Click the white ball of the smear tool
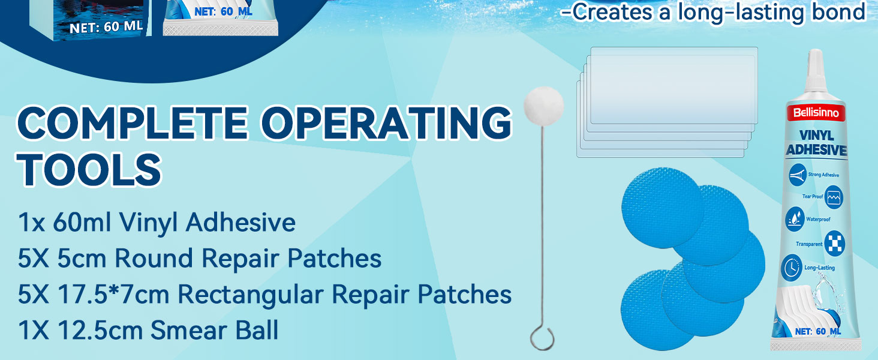[544, 106]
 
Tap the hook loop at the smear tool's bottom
[542, 338]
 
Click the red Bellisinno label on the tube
[816, 113]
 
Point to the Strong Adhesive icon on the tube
[797, 175]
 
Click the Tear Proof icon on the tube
[834, 197]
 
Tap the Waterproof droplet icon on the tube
[795, 219]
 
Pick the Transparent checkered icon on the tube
[834, 244]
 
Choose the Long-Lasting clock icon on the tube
[791, 268]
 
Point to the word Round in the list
[154, 259]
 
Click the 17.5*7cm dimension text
[113, 294]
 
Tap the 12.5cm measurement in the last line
[100, 330]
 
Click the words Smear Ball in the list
[215, 330]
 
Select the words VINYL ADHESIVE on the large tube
[816, 143]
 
